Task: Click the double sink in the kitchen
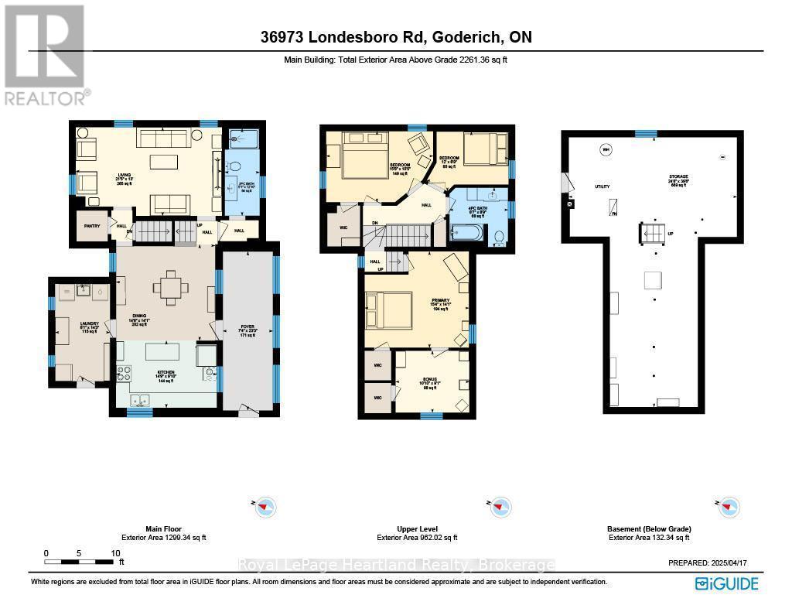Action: pos(141,400)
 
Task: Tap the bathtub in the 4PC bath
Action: pos(467,231)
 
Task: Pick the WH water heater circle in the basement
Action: pos(606,149)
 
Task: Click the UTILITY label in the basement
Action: pos(603,186)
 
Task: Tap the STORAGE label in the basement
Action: pos(679,176)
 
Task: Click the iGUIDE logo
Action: pos(726,583)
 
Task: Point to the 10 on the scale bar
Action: pos(115,553)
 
